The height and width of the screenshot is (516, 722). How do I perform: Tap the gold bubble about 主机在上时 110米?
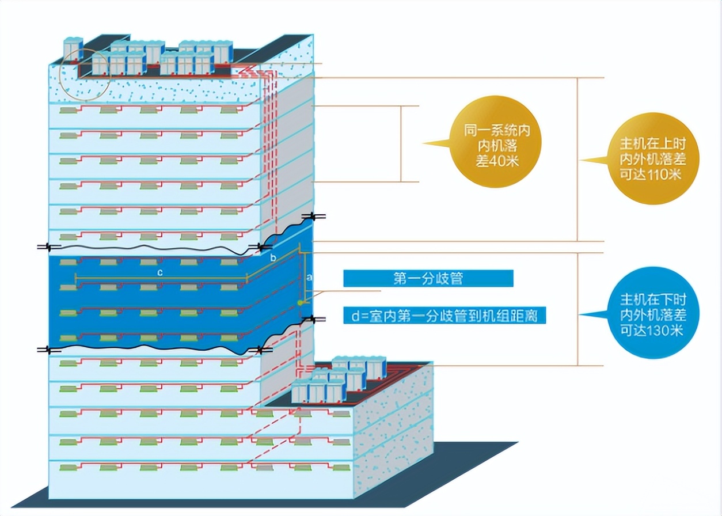(x=648, y=158)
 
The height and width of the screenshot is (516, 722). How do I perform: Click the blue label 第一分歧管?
(x=428, y=279)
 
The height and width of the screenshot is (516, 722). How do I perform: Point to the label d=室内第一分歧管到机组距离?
(x=444, y=315)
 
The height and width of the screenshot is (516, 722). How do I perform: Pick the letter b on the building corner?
(x=273, y=256)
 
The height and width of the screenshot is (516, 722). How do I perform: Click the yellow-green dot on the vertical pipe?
(x=300, y=302)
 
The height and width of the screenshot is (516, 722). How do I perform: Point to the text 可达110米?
(x=648, y=173)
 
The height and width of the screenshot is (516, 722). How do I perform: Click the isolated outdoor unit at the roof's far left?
(x=73, y=48)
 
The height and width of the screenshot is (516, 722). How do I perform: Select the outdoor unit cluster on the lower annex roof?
(x=340, y=380)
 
